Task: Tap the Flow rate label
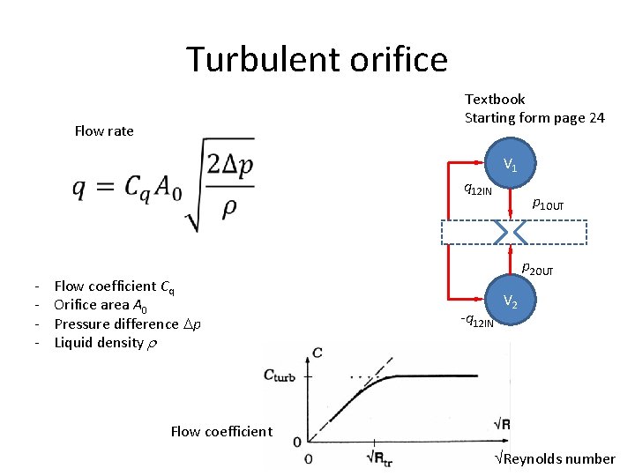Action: [104, 131]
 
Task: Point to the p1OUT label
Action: [548, 205]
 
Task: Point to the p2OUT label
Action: [537, 269]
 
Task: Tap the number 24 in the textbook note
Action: [595, 118]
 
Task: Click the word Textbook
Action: [495, 100]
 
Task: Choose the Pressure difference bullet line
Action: [128, 324]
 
